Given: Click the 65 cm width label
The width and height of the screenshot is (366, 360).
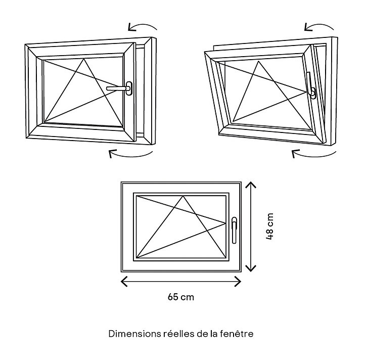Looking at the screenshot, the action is [181, 297].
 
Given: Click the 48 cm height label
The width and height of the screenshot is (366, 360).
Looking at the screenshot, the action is [269, 226].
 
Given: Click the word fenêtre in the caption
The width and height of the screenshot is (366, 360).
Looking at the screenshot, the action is [237, 333].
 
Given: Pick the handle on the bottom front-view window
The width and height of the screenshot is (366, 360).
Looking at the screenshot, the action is [234, 231].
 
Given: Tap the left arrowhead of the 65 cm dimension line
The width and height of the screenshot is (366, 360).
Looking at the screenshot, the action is [124, 281].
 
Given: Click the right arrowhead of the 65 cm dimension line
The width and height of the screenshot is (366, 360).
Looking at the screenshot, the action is [238, 281].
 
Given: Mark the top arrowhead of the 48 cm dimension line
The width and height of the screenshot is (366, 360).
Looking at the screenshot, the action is [251, 185].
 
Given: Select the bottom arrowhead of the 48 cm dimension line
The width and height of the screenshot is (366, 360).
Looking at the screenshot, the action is [251, 268].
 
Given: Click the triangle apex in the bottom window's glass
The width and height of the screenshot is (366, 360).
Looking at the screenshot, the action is [183, 196].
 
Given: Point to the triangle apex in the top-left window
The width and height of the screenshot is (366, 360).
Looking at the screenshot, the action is [84, 59].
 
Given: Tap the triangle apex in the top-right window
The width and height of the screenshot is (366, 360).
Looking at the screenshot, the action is [258, 61].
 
